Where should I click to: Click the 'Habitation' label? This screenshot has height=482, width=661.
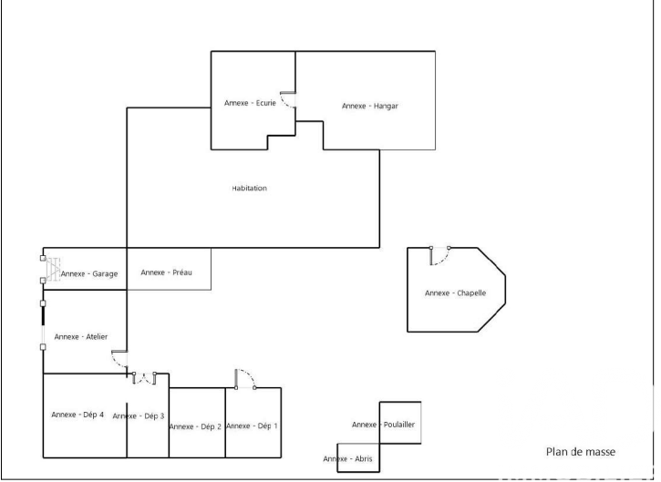(x=249, y=188)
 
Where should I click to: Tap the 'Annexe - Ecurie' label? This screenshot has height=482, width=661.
(x=250, y=103)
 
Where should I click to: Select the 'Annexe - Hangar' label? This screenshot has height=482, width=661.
(x=370, y=106)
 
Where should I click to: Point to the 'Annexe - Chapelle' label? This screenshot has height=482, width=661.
(x=455, y=292)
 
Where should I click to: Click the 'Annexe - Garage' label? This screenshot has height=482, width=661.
(x=89, y=274)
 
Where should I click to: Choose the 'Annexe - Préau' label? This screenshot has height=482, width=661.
(x=166, y=272)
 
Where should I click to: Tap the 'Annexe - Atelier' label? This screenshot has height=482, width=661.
(x=81, y=336)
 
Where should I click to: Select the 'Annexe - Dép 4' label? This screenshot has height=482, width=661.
(x=77, y=415)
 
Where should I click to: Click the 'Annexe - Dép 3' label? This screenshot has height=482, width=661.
(x=139, y=415)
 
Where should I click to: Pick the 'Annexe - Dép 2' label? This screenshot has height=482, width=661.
(x=195, y=426)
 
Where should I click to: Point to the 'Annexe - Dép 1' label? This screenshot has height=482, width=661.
(x=252, y=426)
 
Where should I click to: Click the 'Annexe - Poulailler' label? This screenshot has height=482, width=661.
(x=383, y=425)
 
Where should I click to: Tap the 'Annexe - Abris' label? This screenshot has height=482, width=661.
(x=347, y=458)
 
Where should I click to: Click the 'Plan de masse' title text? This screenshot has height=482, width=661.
(x=581, y=452)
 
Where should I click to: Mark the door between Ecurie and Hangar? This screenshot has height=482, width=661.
(x=288, y=100)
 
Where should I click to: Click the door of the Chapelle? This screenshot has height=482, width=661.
(x=439, y=256)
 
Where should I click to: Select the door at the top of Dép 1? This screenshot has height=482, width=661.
(x=245, y=379)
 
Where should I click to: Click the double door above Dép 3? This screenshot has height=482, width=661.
(x=145, y=378)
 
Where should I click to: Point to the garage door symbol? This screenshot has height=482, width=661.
(x=51, y=269)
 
